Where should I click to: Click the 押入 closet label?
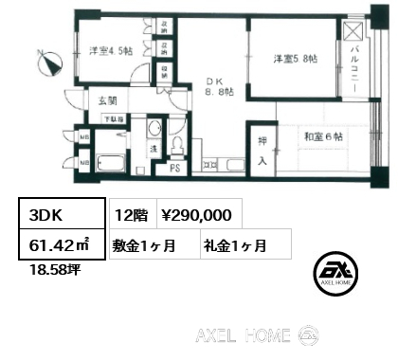point(262,151)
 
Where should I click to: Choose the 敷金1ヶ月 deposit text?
point(143,245)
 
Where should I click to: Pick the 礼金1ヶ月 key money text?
point(233,245)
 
